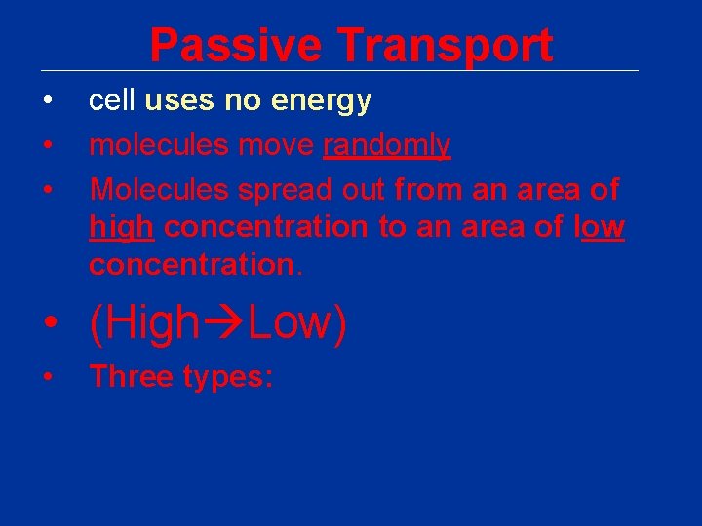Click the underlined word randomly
(386, 146)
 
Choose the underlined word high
(121, 227)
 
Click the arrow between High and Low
(224, 323)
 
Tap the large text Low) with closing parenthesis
(297, 323)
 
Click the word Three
(131, 377)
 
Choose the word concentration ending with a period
(195, 265)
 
